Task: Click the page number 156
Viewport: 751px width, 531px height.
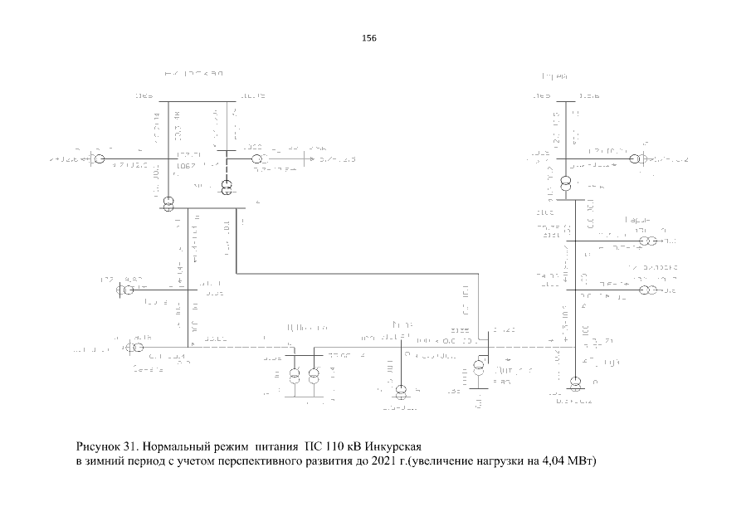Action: [370, 38]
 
